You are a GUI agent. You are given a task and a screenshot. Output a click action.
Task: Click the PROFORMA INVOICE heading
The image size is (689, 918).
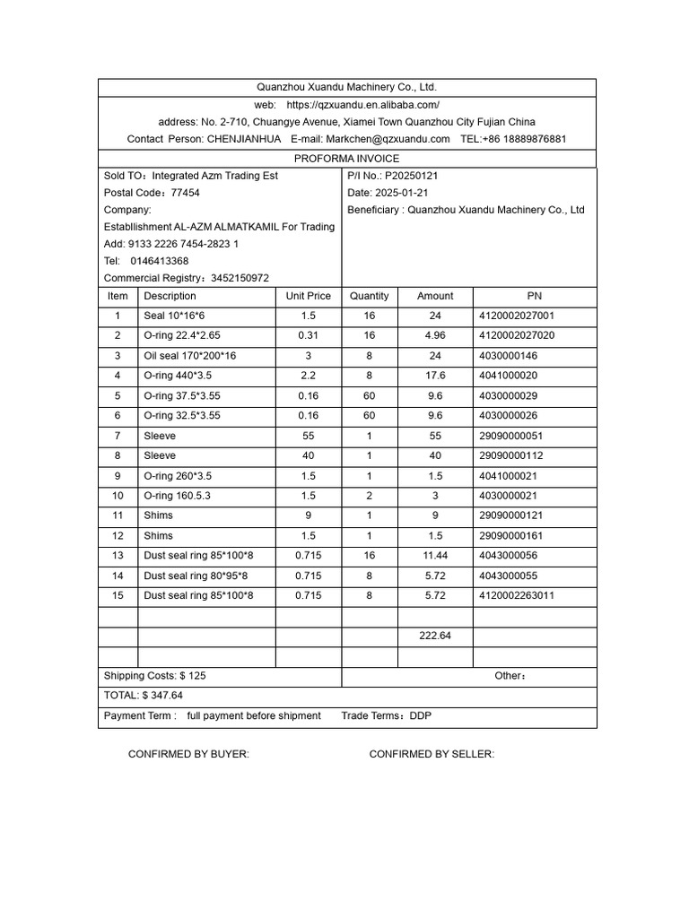346,159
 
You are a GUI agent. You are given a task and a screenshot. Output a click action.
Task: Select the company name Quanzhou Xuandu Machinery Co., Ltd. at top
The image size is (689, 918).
346,87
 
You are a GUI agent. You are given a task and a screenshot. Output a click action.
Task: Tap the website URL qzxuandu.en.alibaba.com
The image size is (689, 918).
362,105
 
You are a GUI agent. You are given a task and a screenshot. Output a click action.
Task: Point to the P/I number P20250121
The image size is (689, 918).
411,176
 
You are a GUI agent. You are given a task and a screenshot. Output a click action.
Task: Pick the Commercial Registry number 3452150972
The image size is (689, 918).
240,279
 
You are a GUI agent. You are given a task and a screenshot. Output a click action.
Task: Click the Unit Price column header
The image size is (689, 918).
308,296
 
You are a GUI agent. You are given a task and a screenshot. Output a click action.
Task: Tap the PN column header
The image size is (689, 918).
535,296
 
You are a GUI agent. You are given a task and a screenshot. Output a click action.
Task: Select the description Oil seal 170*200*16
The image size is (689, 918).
190,356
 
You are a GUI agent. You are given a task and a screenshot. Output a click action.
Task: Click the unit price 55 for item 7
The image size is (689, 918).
308,436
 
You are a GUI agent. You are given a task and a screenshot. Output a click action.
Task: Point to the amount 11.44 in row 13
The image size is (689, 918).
435,556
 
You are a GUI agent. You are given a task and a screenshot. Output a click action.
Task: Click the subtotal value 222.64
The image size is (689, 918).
435,636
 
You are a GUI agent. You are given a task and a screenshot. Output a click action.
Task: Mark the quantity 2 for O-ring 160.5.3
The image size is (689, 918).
369,496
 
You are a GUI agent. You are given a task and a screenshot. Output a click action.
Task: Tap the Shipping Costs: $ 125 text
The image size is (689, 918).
154,676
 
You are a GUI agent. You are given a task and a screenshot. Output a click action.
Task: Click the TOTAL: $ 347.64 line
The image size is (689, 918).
144,695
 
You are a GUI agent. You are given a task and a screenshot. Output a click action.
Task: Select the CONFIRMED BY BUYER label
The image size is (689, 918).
188,754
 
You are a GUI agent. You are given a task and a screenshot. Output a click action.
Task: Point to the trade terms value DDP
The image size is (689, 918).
421,715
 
